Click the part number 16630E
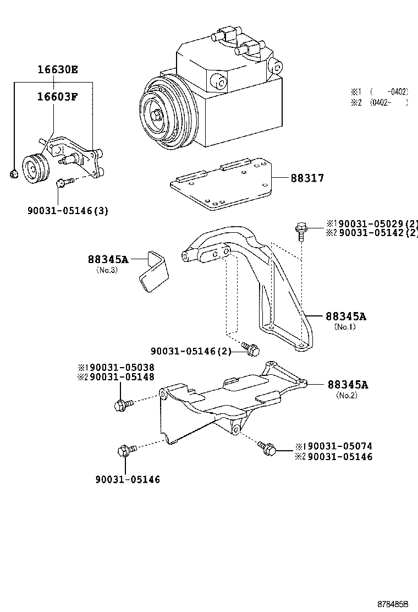58,70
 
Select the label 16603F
57,97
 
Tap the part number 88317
307,178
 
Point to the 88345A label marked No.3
108,259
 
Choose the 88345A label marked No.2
348,384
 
